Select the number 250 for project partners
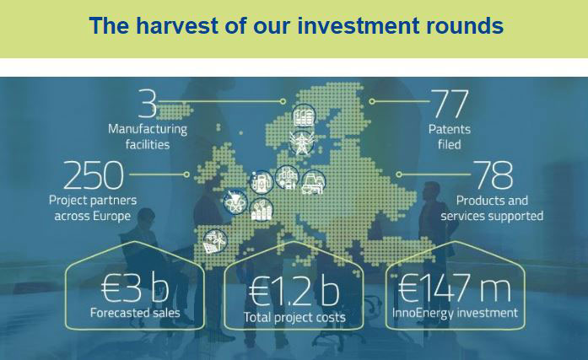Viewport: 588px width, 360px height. tap(93, 175)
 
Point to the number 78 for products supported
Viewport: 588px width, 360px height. tap(494, 175)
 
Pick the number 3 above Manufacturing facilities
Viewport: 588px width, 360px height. tap(148, 103)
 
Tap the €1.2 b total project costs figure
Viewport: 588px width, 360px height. tap(294, 291)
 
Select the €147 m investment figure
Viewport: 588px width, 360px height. tap(454, 287)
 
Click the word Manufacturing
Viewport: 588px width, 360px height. tap(148, 129)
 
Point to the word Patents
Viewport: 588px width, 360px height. tap(450, 129)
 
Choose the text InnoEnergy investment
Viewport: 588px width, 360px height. tap(455, 313)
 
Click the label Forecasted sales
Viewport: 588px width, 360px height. tap(135, 313)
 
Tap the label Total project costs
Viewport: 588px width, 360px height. tap(294, 317)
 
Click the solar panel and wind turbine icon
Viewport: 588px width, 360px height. tap(215, 242)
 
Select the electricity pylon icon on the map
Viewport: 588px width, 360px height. tap(301, 142)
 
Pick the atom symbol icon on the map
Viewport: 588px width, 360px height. tap(235, 202)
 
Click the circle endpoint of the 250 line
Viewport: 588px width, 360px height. tap(186, 175)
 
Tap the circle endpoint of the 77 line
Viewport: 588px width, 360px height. tap(372, 101)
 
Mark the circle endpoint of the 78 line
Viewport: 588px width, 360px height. tap(399, 175)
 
